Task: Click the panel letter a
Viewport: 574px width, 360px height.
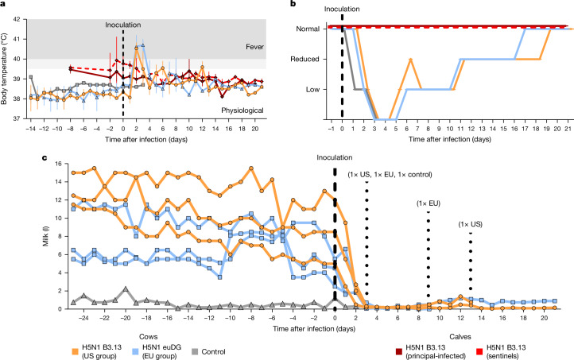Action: pyautogui.click(x=4, y=5)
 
